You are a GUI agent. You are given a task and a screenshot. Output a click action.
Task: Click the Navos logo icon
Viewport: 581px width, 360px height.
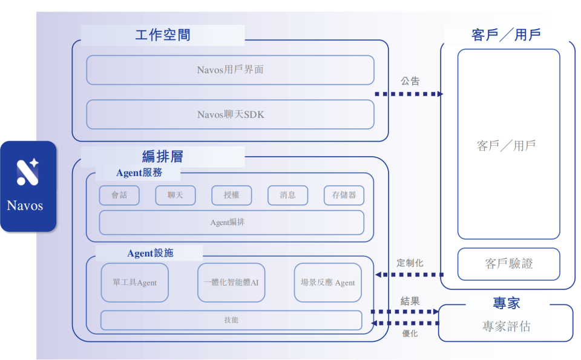tap(28, 171)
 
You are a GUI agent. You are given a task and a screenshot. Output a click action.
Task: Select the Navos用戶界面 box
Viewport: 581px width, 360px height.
tap(230, 70)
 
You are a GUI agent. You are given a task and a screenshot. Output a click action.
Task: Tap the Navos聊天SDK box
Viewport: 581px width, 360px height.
tap(230, 114)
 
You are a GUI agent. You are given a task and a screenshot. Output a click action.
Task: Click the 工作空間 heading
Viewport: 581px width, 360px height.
tap(162, 35)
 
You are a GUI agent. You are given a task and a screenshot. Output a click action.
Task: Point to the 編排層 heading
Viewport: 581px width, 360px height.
tap(162, 157)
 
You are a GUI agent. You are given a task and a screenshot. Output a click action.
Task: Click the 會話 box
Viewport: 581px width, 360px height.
tap(119, 195)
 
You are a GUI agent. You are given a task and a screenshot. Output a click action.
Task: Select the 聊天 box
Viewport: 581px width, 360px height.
tap(176, 195)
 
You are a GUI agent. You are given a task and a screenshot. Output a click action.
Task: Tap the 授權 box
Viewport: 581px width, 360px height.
tap(232, 195)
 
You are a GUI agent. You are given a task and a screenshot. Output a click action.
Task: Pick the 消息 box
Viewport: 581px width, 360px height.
tap(288, 195)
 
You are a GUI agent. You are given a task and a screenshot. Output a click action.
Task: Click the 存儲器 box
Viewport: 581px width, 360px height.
tap(344, 195)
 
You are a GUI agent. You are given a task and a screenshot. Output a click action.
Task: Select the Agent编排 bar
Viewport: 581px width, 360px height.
tap(231, 223)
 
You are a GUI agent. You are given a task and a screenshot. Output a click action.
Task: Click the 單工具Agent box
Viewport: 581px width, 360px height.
tap(134, 283)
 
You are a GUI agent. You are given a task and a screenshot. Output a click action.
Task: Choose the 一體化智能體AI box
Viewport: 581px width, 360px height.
tap(231, 283)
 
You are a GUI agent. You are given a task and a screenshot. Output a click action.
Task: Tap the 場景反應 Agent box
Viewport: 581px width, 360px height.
tap(327, 283)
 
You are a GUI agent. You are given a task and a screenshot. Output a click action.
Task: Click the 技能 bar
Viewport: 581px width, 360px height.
tap(231, 319)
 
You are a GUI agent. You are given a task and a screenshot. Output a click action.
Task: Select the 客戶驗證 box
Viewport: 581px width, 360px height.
tap(508, 264)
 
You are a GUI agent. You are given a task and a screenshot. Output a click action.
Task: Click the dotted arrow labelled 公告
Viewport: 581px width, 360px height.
tap(409, 94)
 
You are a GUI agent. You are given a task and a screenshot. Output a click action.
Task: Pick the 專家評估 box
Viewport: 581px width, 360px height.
tap(506, 326)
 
